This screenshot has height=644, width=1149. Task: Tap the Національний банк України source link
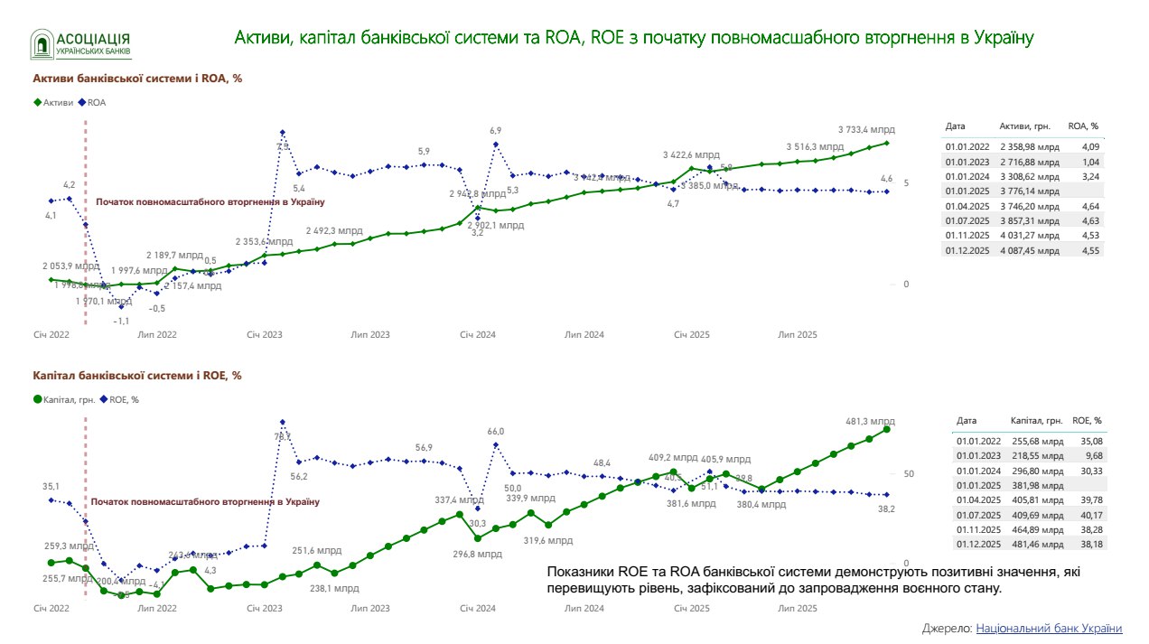1049,629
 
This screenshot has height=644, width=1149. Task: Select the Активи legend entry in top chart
53,102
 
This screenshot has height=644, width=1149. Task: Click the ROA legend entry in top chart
94,102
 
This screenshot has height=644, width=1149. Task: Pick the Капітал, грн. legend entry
64,398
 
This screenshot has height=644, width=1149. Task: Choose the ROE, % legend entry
120,398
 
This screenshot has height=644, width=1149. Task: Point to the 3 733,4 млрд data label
865,128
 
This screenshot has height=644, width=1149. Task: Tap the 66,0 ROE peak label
495,432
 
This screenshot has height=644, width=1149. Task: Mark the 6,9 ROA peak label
495,131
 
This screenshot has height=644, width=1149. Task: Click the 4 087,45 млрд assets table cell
1029,250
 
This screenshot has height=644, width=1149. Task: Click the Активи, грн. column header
1024,126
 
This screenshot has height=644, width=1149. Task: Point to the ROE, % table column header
1087,420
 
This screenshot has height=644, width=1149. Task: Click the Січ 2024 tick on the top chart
478,335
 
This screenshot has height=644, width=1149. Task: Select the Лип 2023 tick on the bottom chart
370,609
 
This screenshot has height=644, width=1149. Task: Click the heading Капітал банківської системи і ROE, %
137,376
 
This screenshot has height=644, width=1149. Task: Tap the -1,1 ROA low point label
121,321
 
